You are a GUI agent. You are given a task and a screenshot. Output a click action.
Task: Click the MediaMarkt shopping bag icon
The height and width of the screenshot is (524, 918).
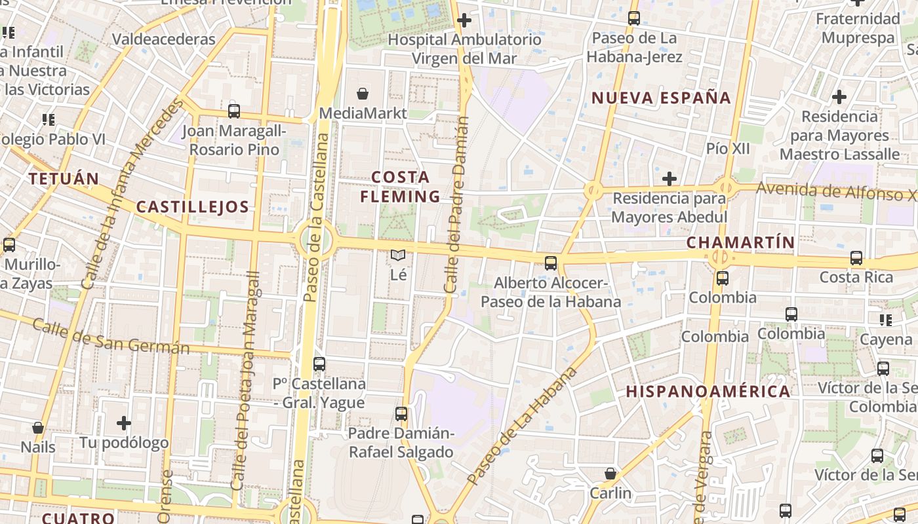(362, 94)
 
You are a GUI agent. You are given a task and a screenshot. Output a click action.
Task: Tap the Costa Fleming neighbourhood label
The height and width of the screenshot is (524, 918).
(400, 187)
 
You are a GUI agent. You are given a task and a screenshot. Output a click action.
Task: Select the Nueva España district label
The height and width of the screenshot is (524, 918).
(661, 98)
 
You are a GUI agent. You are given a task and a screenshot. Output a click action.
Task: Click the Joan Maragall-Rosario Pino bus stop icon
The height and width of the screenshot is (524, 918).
(234, 111)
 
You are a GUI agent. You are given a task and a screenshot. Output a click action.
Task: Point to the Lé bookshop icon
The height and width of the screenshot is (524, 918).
(398, 255)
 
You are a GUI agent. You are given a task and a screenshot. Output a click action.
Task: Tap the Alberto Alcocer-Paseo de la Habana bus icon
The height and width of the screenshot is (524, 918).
(551, 263)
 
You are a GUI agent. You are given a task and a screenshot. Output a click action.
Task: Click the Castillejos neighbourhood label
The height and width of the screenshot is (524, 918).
(193, 208)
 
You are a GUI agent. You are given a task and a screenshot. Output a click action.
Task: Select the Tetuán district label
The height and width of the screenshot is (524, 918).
(64, 178)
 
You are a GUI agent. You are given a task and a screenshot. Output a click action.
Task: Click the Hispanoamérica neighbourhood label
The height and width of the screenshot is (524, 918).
(708, 392)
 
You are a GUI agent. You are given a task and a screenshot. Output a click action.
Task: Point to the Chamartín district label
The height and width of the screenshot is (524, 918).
(740, 242)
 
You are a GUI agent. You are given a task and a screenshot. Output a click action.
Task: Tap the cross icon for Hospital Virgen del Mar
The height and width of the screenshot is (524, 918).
(464, 20)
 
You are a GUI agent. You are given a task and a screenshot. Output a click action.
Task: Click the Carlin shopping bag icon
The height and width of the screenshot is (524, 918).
(610, 474)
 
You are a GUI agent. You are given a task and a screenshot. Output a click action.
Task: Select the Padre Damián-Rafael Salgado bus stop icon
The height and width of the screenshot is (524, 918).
(401, 414)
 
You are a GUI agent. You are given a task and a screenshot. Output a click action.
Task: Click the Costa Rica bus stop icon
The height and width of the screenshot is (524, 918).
(856, 258)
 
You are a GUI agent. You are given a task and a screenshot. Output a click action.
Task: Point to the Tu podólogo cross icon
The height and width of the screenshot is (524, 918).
(124, 423)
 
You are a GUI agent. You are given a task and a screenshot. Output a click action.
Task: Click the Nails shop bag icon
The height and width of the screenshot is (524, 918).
(38, 428)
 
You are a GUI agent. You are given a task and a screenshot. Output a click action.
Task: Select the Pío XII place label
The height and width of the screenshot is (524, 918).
(728, 149)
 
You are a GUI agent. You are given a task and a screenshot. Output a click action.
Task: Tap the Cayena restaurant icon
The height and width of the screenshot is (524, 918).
(886, 320)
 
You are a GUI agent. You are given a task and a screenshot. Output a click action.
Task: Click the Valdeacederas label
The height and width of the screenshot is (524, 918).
(163, 39)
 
